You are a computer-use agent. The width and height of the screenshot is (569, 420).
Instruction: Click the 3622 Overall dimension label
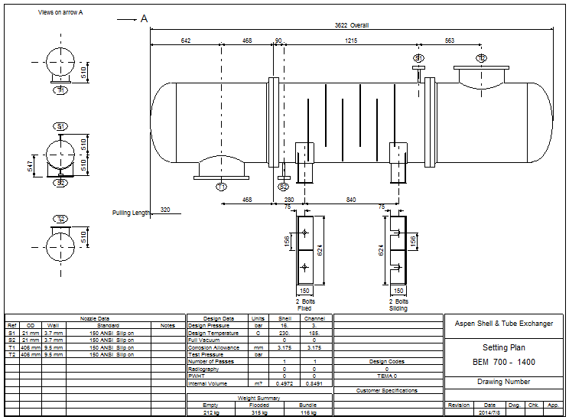click(352, 25)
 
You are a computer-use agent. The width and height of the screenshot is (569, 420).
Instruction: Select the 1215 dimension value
click(350, 40)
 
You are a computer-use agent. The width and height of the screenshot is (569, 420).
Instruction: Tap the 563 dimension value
click(449, 40)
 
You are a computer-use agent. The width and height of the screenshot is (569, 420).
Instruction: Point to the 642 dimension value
click(185, 40)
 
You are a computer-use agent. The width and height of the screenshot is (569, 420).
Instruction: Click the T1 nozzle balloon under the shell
click(221, 187)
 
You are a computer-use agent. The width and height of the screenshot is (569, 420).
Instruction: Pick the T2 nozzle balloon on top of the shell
click(481, 58)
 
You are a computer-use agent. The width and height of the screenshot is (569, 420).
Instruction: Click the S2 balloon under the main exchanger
click(283, 187)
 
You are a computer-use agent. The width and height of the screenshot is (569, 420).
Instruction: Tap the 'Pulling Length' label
click(131, 213)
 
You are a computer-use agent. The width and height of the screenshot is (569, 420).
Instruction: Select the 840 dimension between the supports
click(350, 200)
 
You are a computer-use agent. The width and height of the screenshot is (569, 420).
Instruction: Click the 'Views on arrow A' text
click(60, 13)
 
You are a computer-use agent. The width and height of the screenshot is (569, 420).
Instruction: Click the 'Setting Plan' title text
click(504, 347)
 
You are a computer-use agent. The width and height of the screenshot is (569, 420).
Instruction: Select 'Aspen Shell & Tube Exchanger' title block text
click(504, 324)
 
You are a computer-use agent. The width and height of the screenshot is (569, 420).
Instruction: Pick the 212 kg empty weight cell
click(210, 413)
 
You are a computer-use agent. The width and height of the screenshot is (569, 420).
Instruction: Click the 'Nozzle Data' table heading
click(95, 318)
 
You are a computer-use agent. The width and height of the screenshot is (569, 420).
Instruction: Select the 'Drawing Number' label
click(504, 382)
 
